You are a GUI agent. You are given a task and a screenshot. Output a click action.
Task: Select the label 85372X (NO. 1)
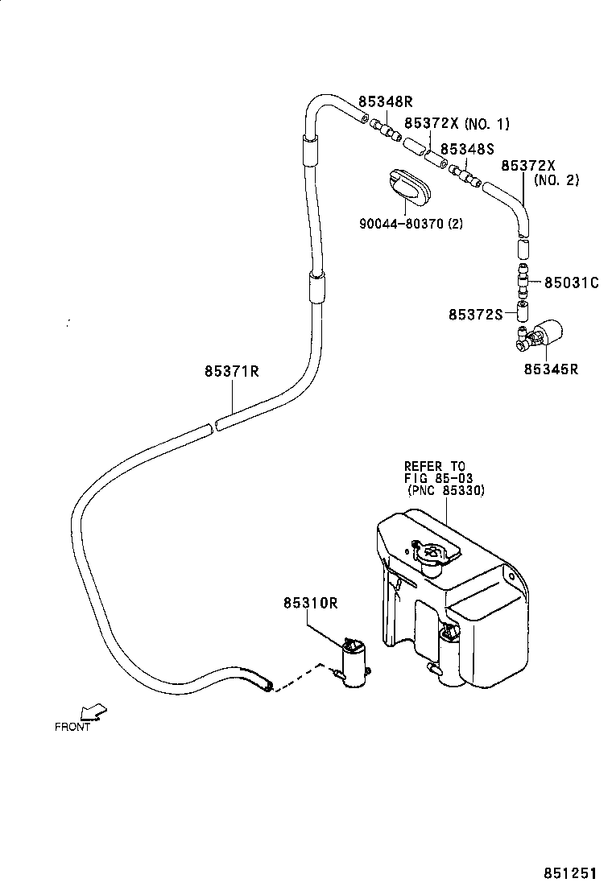point(457,124)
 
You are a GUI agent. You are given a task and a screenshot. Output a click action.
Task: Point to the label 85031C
point(571,283)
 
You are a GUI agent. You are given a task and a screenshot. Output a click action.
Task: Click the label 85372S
point(475,314)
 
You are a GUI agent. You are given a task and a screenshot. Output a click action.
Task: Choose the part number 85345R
point(552,369)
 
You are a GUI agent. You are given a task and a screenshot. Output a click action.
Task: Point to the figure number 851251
point(571,873)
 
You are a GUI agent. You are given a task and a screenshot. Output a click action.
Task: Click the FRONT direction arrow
point(93,711)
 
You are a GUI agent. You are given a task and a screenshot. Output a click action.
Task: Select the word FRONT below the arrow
point(72,727)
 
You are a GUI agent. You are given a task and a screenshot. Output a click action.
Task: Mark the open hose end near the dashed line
point(265,685)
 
